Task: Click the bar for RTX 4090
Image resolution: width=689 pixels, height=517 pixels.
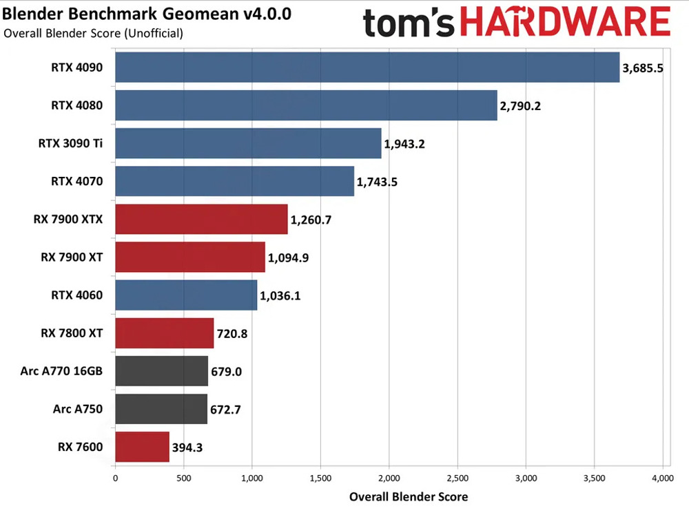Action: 367,67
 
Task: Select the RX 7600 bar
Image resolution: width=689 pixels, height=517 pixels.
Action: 142,447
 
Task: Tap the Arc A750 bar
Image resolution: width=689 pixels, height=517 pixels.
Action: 161,410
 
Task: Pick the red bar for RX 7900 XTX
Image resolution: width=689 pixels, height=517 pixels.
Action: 201,220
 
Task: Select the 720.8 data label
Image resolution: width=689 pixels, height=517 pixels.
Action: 234,334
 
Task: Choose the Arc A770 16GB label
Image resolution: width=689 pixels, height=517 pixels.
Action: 62,372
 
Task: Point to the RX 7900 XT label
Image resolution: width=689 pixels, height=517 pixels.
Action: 72,258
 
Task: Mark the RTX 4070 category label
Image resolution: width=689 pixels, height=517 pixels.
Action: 76,182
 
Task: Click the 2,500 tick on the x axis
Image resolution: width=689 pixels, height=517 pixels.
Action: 457,476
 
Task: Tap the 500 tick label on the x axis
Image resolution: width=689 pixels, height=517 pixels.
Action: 183,476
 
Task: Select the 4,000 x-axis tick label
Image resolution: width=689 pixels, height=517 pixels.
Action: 663,476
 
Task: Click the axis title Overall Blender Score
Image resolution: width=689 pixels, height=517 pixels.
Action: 409,496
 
